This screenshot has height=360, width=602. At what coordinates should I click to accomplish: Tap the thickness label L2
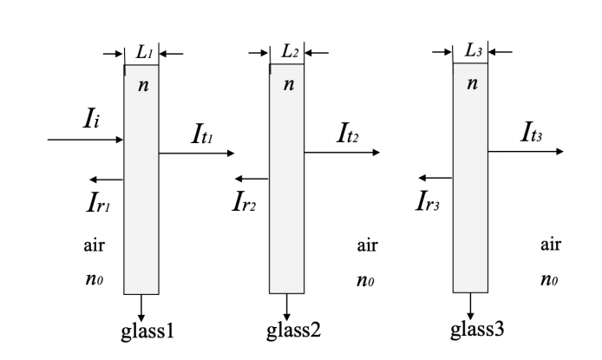coord(290,52)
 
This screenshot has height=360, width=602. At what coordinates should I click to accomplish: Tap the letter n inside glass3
coord(472,85)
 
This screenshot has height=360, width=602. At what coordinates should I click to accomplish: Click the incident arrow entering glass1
coord(87,140)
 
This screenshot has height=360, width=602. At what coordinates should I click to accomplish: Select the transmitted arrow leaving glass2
coord(342,153)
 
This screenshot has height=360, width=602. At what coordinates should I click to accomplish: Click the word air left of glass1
coord(94,245)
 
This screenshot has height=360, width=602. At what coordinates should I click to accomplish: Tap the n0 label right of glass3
coord(548,283)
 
